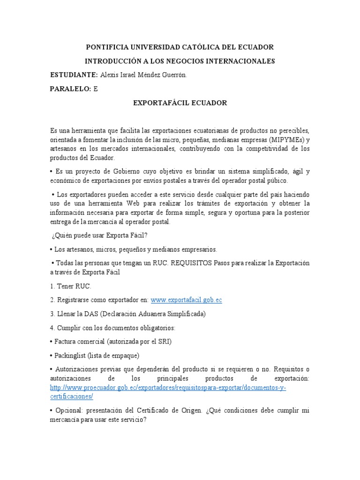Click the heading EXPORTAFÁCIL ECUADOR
[x=180, y=103]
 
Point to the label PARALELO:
[x=71, y=89]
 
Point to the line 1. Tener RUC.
[x=71, y=285]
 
